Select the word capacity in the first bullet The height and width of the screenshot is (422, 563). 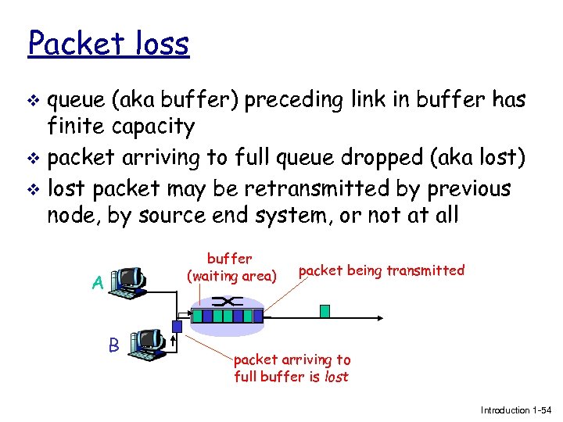tap(156, 127)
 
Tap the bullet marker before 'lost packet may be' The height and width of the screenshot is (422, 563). tap(32, 190)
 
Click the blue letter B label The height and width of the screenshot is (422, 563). tap(114, 345)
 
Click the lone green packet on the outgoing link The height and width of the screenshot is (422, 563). tap(325, 310)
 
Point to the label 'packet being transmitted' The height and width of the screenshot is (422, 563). tap(382, 270)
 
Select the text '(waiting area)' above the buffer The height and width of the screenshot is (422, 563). tap(231, 275)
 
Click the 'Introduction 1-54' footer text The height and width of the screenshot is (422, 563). tap(516, 409)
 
